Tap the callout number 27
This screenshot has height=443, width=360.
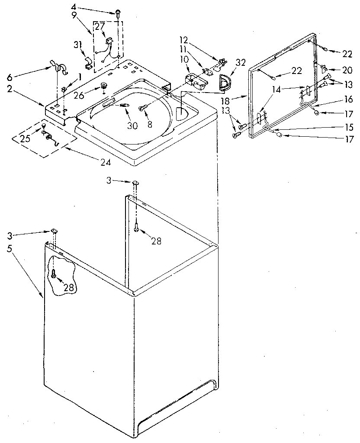100,26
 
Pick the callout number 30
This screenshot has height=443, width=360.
132,125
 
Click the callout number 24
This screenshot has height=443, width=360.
106,163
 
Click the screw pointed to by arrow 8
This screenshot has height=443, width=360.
141,108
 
